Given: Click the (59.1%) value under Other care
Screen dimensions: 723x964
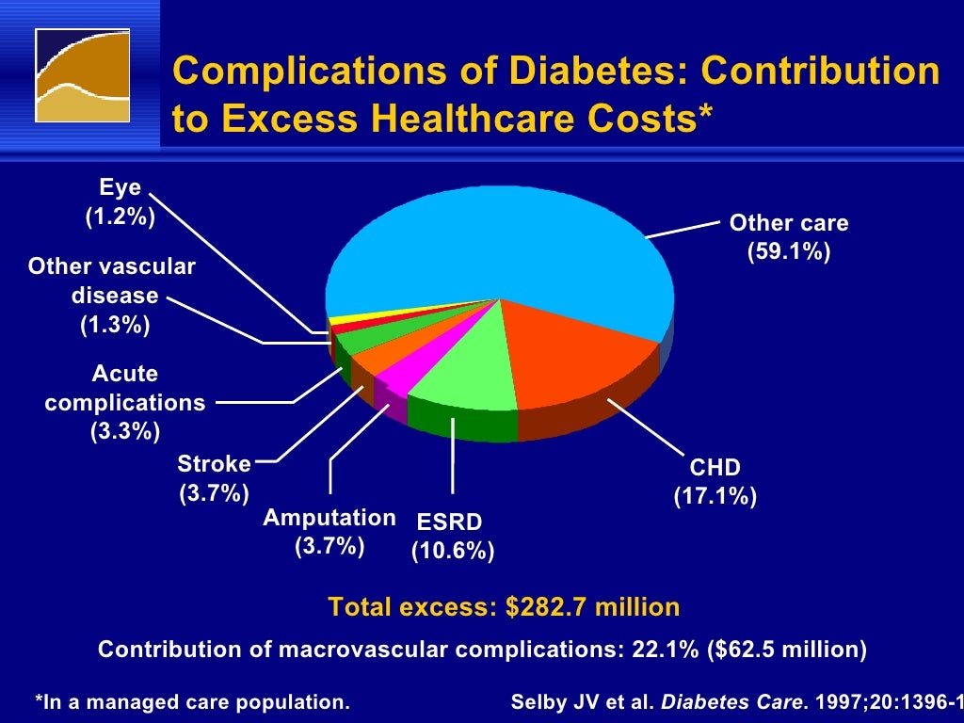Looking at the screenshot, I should coord(789,252).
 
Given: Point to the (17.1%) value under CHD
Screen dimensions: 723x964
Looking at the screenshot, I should coord(715,496).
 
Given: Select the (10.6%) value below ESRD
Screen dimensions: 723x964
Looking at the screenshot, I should coord(453,551).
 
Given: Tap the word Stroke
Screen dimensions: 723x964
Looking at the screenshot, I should coord(215,464).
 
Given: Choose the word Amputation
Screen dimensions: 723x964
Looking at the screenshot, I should coord(329,518).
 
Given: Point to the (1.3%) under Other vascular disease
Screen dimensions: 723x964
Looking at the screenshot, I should coord(115,325).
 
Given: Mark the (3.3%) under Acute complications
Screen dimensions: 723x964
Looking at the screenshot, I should coord(125,431).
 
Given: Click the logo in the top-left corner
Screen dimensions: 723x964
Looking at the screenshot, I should coord(83,75).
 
